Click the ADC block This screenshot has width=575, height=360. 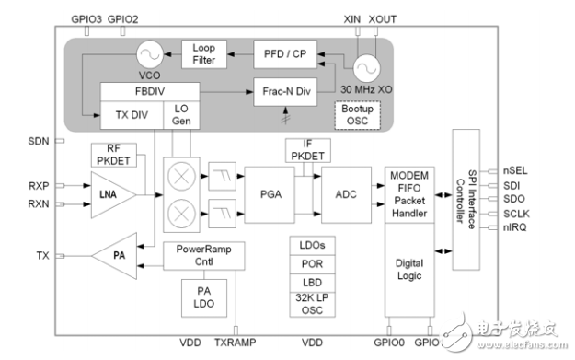[x=345, y=196]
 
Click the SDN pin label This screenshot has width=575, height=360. [x=37, y=141]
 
